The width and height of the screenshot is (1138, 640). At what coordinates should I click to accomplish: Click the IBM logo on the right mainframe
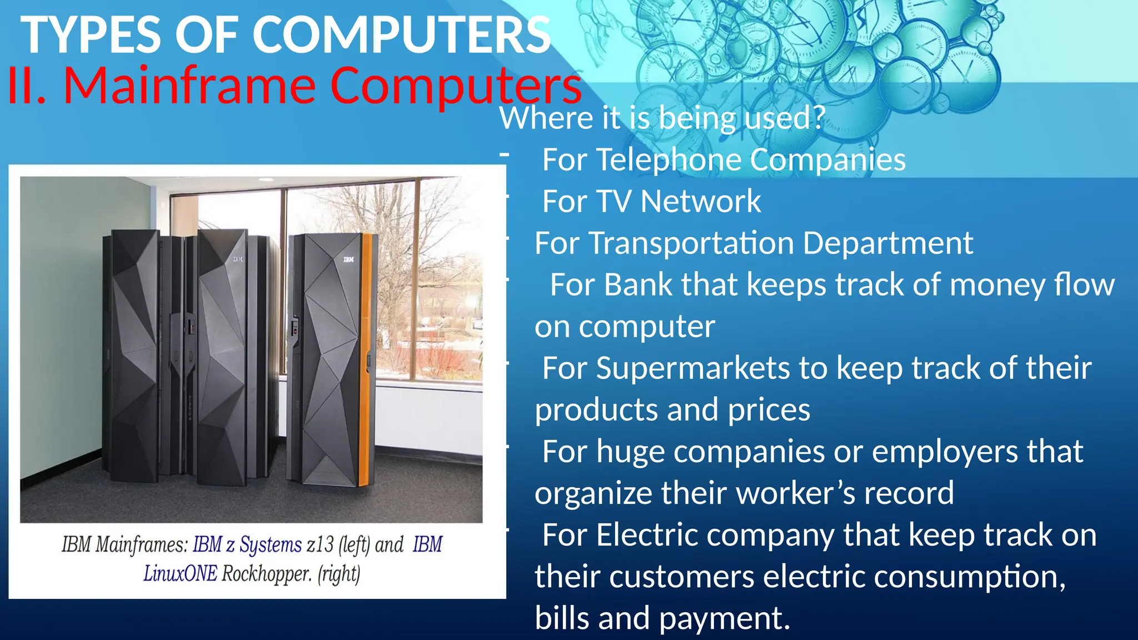pos(348,259)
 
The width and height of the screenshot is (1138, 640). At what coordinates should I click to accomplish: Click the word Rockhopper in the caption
pos(266,573)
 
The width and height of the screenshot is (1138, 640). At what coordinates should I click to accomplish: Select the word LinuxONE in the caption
pos(180,573)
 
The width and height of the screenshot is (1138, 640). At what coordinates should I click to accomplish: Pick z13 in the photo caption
pos(320,545)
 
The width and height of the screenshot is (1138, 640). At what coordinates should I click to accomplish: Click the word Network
pos(701,201)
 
